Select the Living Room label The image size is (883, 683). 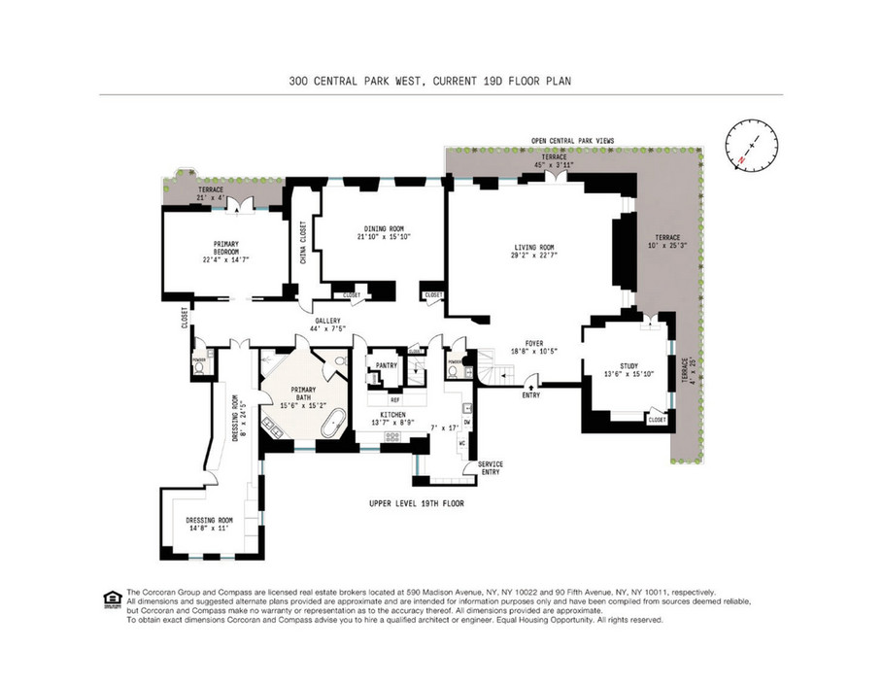tap(533, 248)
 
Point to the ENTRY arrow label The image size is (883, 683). tap(531, 394)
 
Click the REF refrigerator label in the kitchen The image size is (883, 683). tap(394, 399)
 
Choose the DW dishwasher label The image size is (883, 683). tap(466, 421)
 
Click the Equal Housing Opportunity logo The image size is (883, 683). tap(113, 599)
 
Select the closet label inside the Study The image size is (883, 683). tap(657, 420)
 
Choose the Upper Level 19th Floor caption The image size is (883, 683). tap(416, 503)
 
